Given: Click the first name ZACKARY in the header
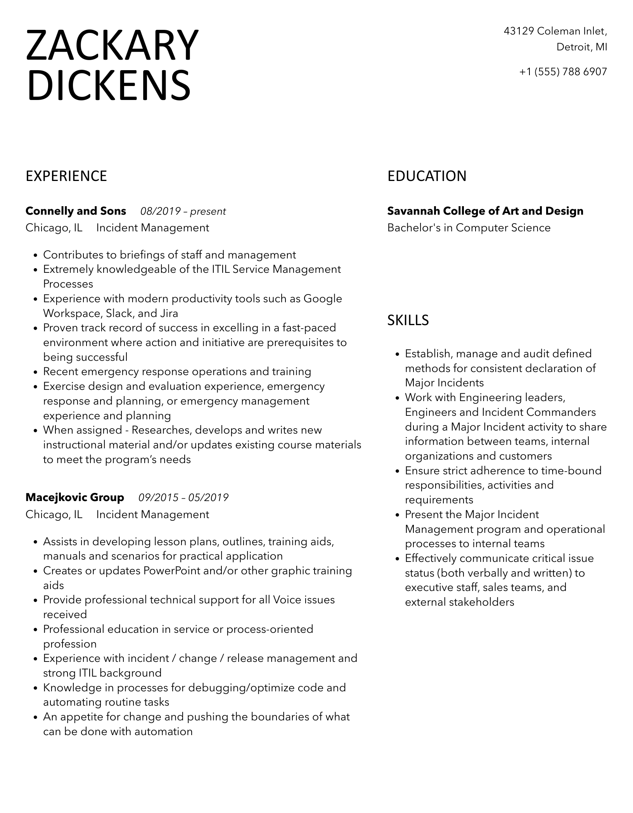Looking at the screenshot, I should (x=112, y=46).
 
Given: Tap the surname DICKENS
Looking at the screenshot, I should (x=108, y=85).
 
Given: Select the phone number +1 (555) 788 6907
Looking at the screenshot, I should (x=563, y=72).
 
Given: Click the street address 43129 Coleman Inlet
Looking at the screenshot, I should (x=555, y=31).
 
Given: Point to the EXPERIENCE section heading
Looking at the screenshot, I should (x=66, y=176).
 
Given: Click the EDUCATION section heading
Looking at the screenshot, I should (x=427, y=176).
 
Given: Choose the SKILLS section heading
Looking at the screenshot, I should (x=408, y=320).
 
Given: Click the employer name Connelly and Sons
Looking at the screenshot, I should (x=76, y=211).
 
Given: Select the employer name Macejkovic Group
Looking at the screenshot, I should (x=75, y=498).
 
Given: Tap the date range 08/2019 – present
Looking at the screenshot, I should (x=183, y=212).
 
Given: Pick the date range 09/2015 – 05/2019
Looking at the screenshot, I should (x=183, y=498).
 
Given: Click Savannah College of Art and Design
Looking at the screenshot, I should (x=485, y=211).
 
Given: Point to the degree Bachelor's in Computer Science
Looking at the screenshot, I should (x=469, y=228).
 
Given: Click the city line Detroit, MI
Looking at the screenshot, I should (x=582, y=47).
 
